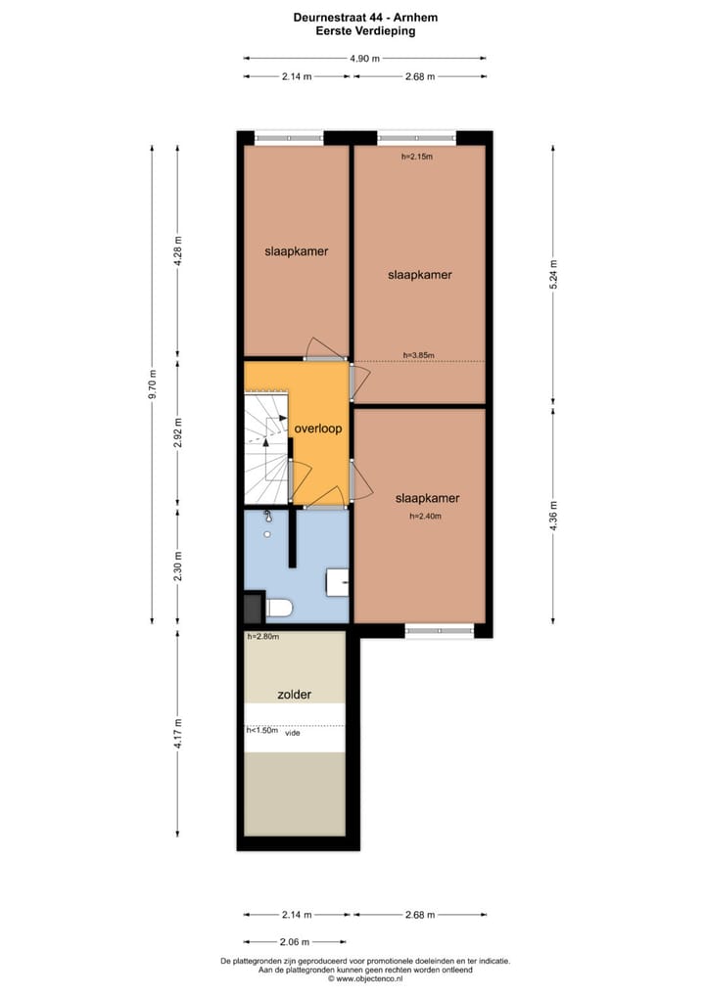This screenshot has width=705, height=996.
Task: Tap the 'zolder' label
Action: click(x=294, y=695)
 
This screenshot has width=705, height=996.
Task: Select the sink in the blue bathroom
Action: click(x=339, y=581)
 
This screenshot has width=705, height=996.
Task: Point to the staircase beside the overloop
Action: click(x=267, y=445)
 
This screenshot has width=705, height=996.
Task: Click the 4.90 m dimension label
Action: click(x=364, y=58)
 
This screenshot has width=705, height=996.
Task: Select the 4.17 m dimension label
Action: click(x=177, y=735)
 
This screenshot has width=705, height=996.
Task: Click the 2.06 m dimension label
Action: click(x=294, y=942)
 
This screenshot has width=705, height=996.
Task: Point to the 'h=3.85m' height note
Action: click(x=418, y=356)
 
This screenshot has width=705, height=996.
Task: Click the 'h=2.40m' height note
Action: click(x=426, y=517)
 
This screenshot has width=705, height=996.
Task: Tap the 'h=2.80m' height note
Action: click(x=263, y=637)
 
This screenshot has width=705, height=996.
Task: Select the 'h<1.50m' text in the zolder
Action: click(x=261, y=731)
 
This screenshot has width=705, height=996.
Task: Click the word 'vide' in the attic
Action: click(x=292, y=732)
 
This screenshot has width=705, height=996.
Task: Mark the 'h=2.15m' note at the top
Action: click(x=416, y=157)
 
